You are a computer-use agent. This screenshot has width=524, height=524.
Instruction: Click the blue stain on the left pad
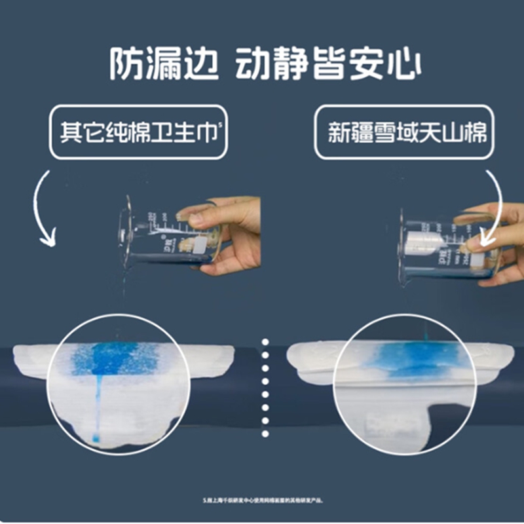(115, 358)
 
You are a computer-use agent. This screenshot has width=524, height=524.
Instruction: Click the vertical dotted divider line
(265, 386)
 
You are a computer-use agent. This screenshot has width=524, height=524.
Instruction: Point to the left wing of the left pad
(29, 360)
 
